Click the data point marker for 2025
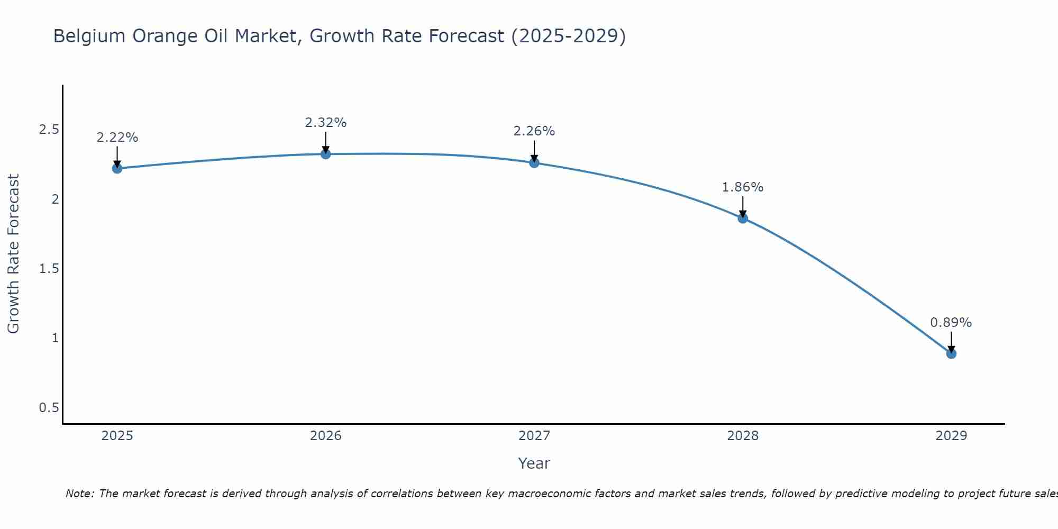click(x=117, y=168)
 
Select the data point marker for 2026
click(x=326, y=154)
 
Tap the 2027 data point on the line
click(x=534, y=162)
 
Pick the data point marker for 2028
click(x=743, y=218)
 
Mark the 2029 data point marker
click(x=951, y=353)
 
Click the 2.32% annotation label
click(x=326, y=123)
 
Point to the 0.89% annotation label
click(x=951, y=323)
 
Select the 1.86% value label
click(x=743, y=187)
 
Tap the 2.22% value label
click(x=117, y=138)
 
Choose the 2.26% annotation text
click(x=534, y=131)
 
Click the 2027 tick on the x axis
click(x=534, y=436)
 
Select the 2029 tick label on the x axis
click(x=951, y=436)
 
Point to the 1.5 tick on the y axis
click(x=49, y=269)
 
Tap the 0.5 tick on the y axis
click(x=49, y=408)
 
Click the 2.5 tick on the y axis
click(x=49, y=130)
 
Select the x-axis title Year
click(x=534, y=463)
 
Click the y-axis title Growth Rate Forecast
click(x=13, y=254)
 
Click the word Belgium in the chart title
click(x=89, y=36)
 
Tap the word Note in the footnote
click(x=79, y=494)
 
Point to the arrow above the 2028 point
click(x=743, y=206)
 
